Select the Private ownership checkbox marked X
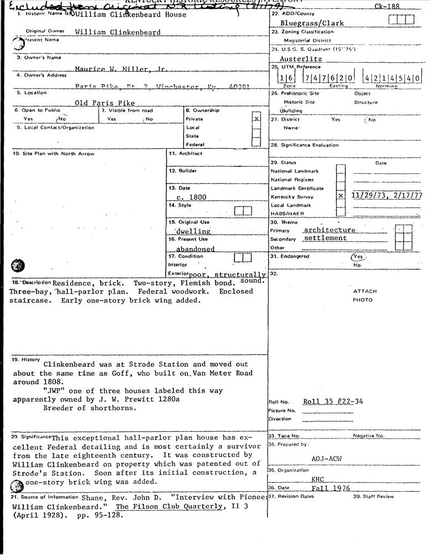(256, 119)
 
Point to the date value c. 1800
(192, 197)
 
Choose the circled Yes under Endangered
(358, 256)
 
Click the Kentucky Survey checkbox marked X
(341, 196)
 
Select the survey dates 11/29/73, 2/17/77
(387, 195)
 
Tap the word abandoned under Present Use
(195, 249)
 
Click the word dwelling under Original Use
(193, 231)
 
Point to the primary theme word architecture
(329, 230)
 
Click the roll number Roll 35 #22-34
(333, 401)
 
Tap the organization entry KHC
(318, 479)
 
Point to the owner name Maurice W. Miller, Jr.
(121, 69)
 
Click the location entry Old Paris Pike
(105, 103)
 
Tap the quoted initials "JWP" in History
(55, 390)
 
